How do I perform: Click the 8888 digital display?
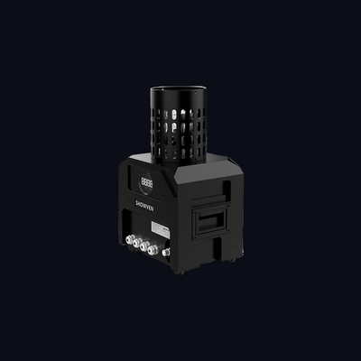(147, 183)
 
